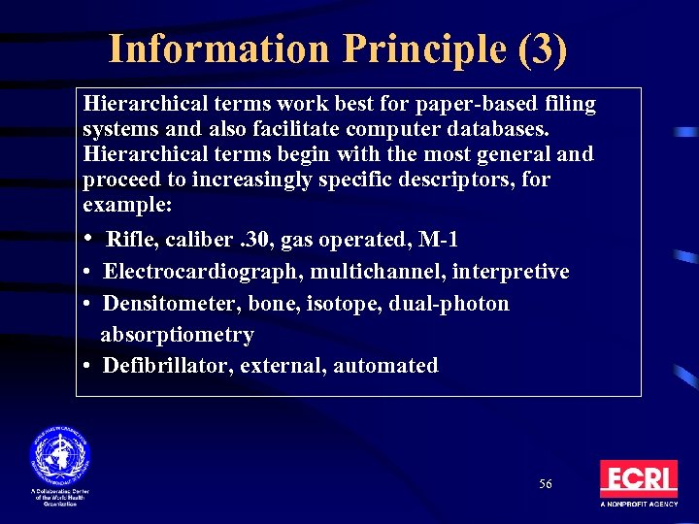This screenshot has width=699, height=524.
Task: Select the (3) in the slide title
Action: pos(543,49)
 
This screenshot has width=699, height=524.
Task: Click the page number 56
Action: pos(546,483)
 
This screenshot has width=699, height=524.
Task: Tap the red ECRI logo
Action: pos(638,479)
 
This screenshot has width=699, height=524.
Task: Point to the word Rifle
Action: pos(129,240)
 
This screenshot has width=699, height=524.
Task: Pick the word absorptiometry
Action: pos(177,335)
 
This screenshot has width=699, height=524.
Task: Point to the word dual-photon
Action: pos(448,304)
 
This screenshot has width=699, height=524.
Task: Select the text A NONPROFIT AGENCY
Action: pos(638,506)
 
